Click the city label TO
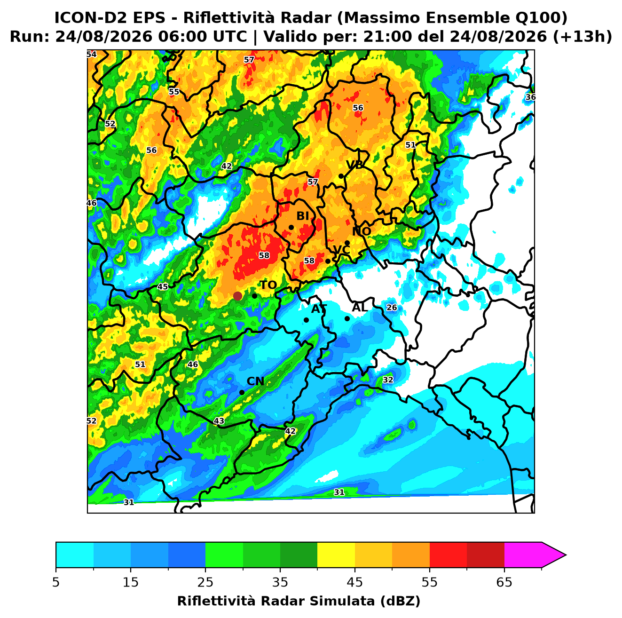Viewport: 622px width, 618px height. click(268, 285)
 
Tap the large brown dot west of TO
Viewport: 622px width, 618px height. click(237, 296)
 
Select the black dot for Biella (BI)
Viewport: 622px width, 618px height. click(291, 228)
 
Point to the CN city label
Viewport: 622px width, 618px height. click(255, 381)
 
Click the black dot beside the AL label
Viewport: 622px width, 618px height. click(347, 318)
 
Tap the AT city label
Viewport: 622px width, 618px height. click(319, 309)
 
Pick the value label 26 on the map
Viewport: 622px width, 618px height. click(392, 308)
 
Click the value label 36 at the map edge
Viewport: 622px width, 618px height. click(530, 97)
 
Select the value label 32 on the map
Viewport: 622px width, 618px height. click(388, 380)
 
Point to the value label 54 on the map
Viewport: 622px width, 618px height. click(91, 54)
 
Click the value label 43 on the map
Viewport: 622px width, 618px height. click(219, 421)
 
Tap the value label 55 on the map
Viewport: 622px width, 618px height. click(173, 92)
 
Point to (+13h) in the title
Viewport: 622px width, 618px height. click(582, 37)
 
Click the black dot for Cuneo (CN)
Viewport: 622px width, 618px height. click(242, 393)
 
